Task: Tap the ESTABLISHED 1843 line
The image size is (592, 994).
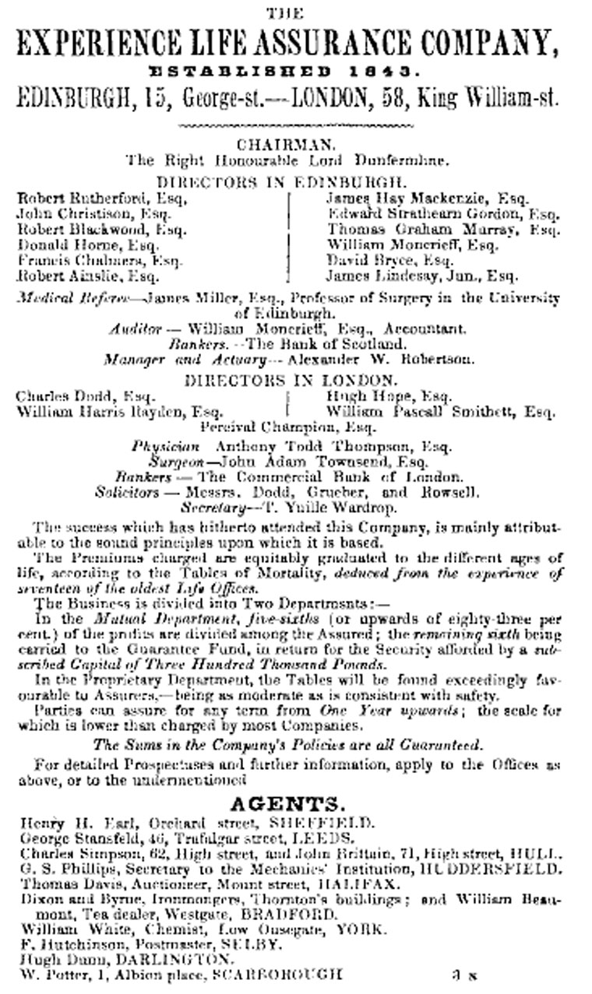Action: [x=295, y=72]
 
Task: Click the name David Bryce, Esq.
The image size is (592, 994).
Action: [x=389, y=260]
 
